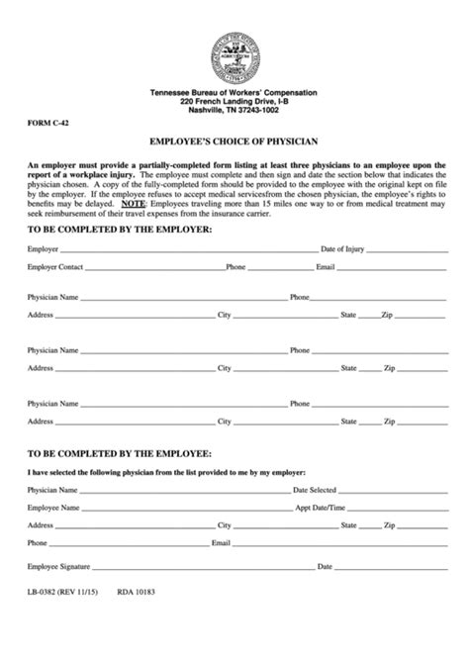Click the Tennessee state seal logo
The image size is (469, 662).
[x=234, y=55]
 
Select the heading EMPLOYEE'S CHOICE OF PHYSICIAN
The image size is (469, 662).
[x=234, y=142]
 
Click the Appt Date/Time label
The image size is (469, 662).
[x=321, y=508]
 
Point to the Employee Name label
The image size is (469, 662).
[x=52, y=508]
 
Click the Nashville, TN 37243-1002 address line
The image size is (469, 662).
[x=234, y=110]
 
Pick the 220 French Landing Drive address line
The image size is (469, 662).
[x=234, y=101]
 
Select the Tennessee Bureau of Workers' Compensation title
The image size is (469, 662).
[x=234, y=92]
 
